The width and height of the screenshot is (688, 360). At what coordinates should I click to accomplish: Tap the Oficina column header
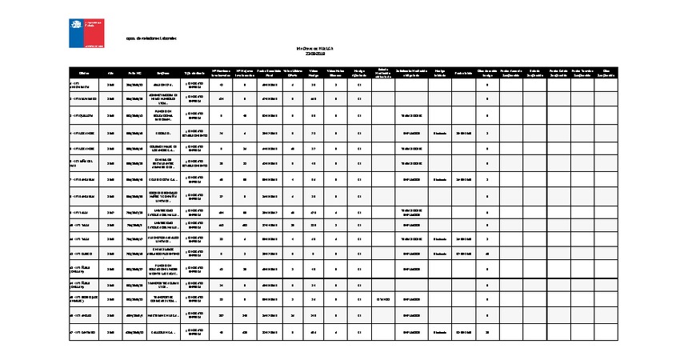(x=83, y=73)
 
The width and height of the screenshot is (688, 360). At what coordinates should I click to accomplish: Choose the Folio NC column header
(x=134, y=73)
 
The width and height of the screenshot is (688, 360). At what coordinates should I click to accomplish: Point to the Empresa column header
(x=163, y=73)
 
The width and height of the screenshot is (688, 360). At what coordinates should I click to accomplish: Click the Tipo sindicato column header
(x=194, y=73)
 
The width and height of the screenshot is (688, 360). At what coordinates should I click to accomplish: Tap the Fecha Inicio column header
(x=463, y=73)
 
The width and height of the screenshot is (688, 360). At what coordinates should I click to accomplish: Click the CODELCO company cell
(x=163, y=133)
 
